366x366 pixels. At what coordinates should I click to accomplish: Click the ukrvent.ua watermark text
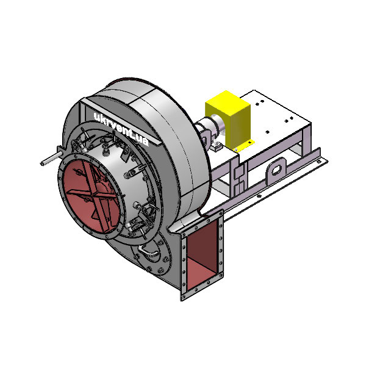[x=121, y=128]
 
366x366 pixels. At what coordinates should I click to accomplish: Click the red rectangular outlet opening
[x=203, y=255]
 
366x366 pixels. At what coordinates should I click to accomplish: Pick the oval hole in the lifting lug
[x=276, y=170]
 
